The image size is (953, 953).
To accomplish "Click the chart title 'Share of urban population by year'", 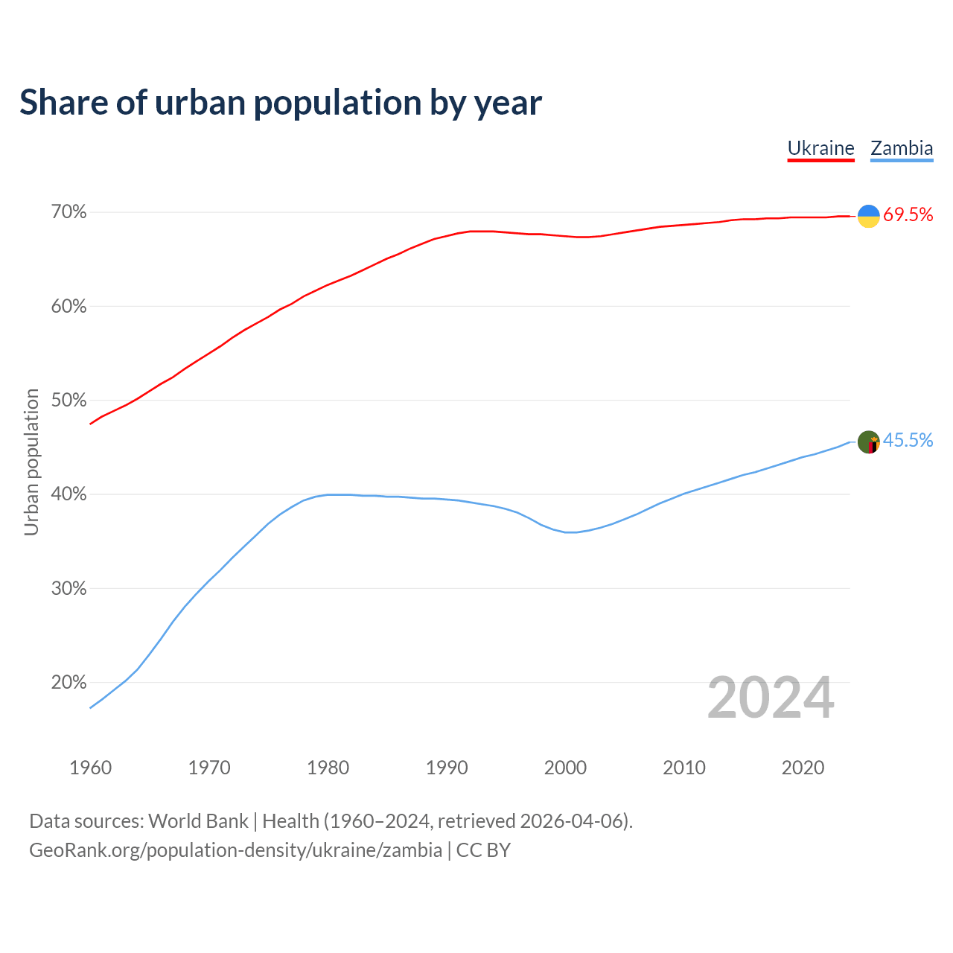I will (x=281, y=103).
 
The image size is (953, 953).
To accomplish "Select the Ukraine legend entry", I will (x=820, y=148).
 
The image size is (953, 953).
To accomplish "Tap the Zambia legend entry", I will (x=902, y=148).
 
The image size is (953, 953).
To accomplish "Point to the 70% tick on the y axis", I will (x=68, y=213).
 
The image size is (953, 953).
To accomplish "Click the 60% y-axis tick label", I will (x=68, y=307).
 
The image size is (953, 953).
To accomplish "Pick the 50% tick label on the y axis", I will (x=68, y=401).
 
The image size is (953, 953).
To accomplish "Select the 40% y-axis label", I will (x=68, y=494).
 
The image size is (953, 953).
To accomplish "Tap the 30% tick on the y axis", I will (x=68, y=589).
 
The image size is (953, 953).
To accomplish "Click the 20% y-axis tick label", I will (x=68, y=683).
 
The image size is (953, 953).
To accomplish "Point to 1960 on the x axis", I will (x=90, y=768).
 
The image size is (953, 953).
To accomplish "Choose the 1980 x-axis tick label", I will (x=328, y=768).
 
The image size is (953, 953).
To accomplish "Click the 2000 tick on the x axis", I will (x=565, y=768).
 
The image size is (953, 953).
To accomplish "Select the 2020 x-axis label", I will (x=803, y=768).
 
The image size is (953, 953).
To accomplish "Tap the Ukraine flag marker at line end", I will (x=869, y=216).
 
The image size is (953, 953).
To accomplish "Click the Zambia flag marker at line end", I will (x=869, y=442).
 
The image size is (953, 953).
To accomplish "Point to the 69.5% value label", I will (x=908, y=215).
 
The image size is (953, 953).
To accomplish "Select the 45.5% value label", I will (x=908, y=441).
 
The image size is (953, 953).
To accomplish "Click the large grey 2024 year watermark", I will (x=771, y=698).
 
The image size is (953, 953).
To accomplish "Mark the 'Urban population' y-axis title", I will (x=31, y=462).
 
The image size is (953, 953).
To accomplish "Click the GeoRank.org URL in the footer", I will (x=235, y=850).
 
